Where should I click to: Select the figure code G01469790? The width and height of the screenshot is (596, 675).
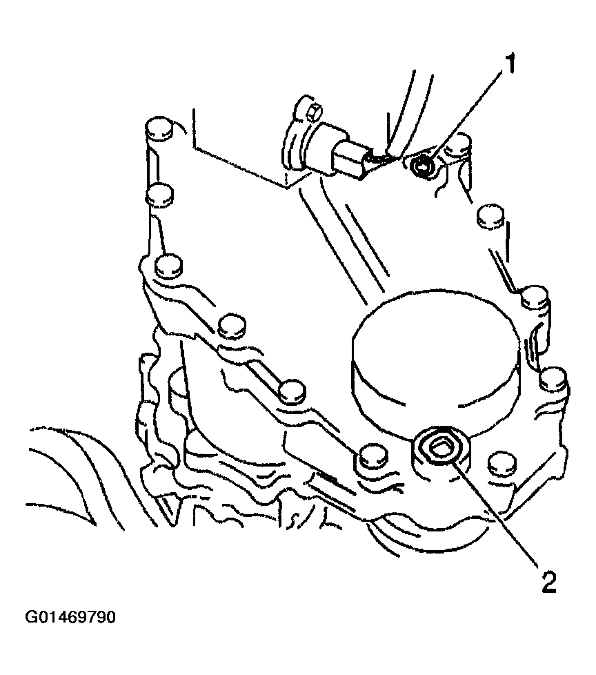pyautogui.click(x=70, y=617)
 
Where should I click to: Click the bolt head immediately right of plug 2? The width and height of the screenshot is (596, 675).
pyautogui.click(x=501, y=462)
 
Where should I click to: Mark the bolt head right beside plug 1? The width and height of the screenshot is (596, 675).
pyautogui.click(x=458, y=146)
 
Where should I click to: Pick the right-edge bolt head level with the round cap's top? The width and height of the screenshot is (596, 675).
pyautogui.click(x=535, y=296)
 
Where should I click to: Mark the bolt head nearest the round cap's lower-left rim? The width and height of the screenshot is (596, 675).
pyautogui.click(x=292, y=390)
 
